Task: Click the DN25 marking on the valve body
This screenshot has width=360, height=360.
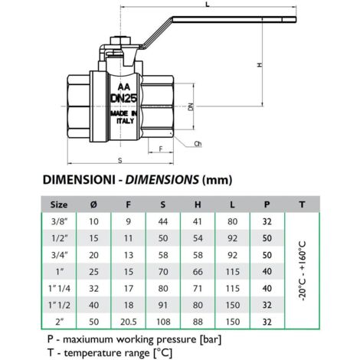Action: pyautogui.click(x=124, y=98)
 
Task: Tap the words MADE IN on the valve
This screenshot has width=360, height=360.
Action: pyautogui.click(x=124, y=113)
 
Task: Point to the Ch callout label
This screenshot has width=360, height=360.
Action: pyautogui.click(x=198, y=144)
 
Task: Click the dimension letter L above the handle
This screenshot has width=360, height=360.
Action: pyautogui.click(x=208, y=5)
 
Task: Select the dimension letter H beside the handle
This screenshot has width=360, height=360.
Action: pyautogui.click(x=260, y=65)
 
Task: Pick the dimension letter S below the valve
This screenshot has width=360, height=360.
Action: pyautogui.click(x=120, y=160)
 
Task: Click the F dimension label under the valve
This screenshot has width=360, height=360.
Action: pyautogui.click(x=161, y=149)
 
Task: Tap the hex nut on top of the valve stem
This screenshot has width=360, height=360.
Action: pyautogui.click(x=121, y=41)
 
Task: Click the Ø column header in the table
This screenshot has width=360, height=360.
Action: pyautogui.click(x=93, y=205)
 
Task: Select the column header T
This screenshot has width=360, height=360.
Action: pyautogui.click(x=302, y=205)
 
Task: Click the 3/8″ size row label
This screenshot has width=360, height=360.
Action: pyautogui.click(x=60, y=221)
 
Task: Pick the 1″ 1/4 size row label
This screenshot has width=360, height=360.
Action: pyautogui.click(x=59, y=289)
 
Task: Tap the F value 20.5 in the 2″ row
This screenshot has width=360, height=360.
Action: pyautogui.click(x=129, y=322)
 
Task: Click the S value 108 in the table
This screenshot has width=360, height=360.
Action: pyautogui.click(x=163, y=322)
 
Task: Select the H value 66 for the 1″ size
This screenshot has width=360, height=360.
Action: pyautogui.click(x=198, y=272)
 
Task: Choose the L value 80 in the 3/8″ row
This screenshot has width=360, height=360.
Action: pyautogui.click(x=233, y=221)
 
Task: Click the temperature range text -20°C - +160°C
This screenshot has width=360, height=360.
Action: pyautogui.click(x=302, y=270)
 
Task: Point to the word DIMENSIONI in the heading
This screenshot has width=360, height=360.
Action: pyautogui.click(x=79, y=180)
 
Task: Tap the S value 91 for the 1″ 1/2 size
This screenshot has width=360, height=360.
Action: pyautogui.click(x=163, y=305)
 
